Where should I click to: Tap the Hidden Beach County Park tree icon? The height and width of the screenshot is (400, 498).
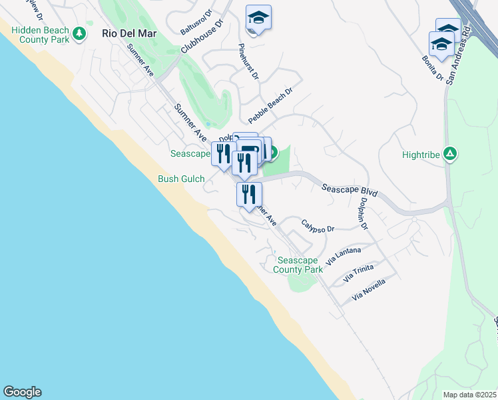click(80, 33)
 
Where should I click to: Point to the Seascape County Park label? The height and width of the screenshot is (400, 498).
click(298, 265)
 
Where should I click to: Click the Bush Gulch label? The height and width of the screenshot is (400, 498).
click(181, 179)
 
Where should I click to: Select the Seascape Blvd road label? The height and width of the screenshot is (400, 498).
click(350, 190)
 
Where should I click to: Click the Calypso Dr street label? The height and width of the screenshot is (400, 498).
click(317, 225)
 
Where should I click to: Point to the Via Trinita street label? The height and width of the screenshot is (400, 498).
click(358, 273)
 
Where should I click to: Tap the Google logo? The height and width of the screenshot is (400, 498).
click(22, 392)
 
